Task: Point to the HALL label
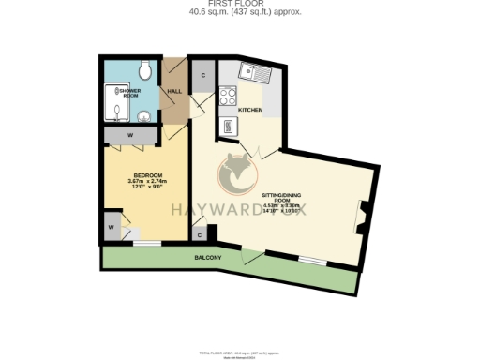coord(174,91)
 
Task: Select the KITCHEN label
coord(250,111)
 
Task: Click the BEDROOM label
coord(149,176)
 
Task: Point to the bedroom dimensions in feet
coord(149,187)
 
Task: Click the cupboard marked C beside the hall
coord(202,74)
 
